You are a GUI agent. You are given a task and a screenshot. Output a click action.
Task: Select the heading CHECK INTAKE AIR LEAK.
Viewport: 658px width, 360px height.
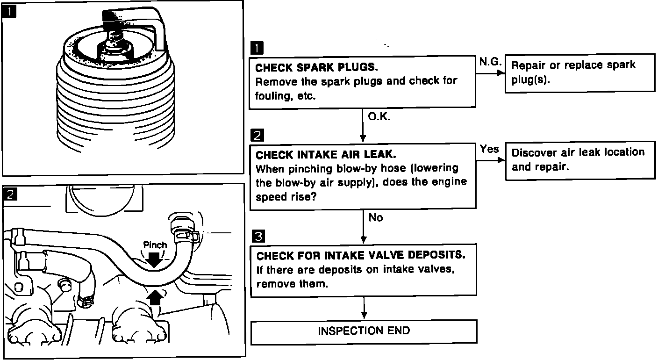(326, 155)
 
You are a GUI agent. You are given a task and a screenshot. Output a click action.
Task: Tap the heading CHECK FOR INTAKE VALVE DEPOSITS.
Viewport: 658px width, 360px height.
(361, 256)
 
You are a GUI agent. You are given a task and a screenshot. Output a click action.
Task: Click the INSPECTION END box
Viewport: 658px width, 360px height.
(364, 331)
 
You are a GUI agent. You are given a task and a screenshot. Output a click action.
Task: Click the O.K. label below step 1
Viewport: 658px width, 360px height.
(379, 117)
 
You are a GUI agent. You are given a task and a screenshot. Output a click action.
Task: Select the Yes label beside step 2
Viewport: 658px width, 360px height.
(489, 150)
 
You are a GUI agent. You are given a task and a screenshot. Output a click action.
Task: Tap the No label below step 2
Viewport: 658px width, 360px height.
(375, 217)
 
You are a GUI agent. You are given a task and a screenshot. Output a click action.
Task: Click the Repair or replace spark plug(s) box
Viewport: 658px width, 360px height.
(579, 72)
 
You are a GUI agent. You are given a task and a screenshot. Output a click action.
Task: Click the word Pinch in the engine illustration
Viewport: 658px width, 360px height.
(155, 245)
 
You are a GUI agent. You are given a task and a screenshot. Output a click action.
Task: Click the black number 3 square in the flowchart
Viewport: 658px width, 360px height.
(257, 237)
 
